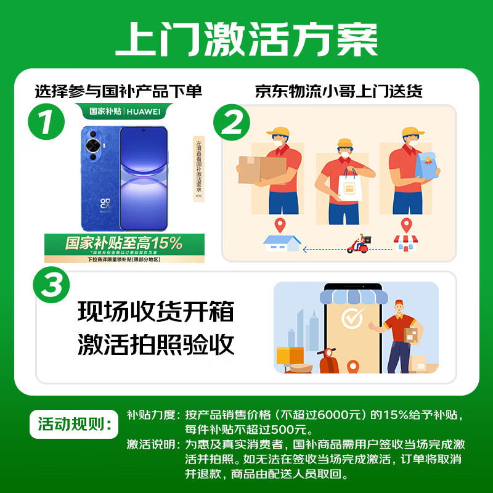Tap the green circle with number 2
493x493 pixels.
point(232,123)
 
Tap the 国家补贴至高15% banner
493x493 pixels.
point(124,243)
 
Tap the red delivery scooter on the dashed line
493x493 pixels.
point(359,244)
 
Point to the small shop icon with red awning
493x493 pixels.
point(405,243)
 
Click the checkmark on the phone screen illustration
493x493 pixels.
point(353,319)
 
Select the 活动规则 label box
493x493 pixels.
point(72,425)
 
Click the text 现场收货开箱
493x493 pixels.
point(156,311)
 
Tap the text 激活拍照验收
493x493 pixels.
point(156,344)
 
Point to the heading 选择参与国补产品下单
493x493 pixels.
point(118,92)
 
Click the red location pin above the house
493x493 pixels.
point(281,225)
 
